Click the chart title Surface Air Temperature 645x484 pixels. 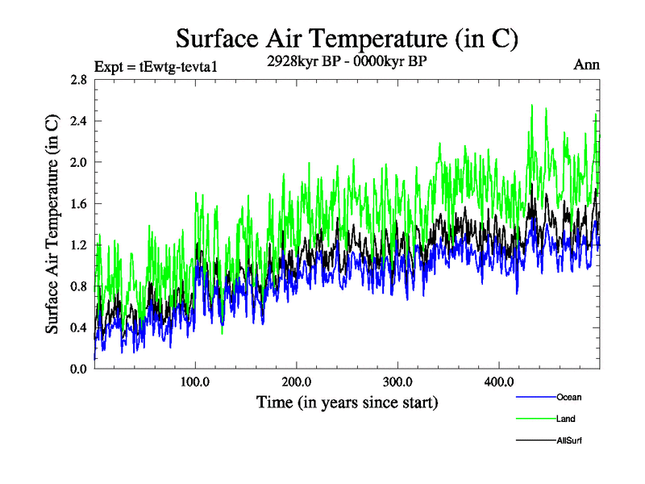[x=347, y=38]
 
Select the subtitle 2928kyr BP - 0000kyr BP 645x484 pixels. [x=347, y=61]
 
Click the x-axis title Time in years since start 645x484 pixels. [x=347, y=402]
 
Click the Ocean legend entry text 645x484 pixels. [x=568, y=398]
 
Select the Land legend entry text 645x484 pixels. [x=565, y=419]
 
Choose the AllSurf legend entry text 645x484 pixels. [x=568, y=441]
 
